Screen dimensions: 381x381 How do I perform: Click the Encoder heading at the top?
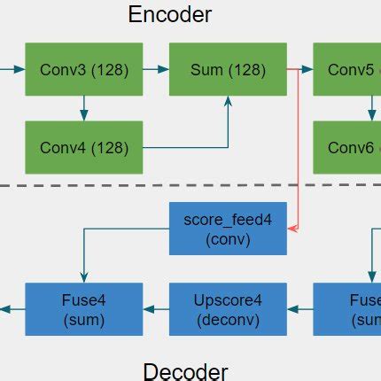point(170,14)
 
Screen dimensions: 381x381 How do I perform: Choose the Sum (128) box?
point(228,68)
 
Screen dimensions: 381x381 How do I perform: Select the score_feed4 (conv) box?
point(228,229)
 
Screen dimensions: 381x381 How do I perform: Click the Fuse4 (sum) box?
point(83,308)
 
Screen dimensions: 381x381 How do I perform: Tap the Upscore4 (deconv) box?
point(228,308)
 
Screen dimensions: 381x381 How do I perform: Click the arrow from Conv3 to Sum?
point(155,68)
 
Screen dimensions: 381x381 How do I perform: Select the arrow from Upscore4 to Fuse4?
point(155,308)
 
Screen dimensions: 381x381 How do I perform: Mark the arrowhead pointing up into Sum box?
point(229,101)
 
